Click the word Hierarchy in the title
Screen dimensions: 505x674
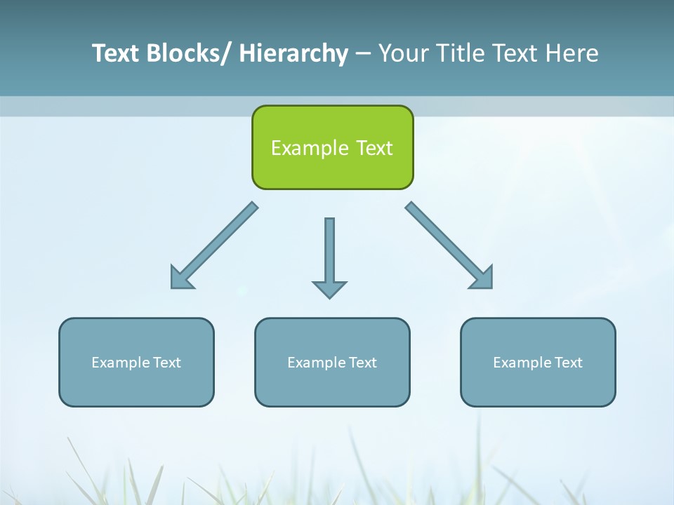click(293, 53)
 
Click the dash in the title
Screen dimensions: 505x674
click(363, 54)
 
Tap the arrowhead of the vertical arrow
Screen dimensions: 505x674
click(329, 289)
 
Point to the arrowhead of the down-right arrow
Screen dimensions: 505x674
click(482, 278)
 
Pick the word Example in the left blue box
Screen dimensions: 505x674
click(121, 363)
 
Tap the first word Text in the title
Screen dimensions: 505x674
click(117, 53)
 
